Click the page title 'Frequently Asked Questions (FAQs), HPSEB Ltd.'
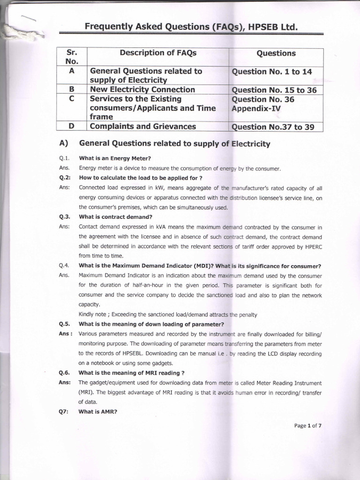(x=191, y=27)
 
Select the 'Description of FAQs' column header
(x=158, y=53)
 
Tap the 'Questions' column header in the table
(x=276, y=53)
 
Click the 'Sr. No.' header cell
(x=72, y=57)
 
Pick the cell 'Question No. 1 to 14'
(x=272, y=72)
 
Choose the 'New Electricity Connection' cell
(x=142, y=90)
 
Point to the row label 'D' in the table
(x=72, y=126)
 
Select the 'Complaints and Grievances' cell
(x=142, y=126)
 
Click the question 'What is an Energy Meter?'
(x=115, y=158)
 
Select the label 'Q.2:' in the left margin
(x=65, y=178)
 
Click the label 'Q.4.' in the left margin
(x=65, y=266)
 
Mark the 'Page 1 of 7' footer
(x=308, y=426)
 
